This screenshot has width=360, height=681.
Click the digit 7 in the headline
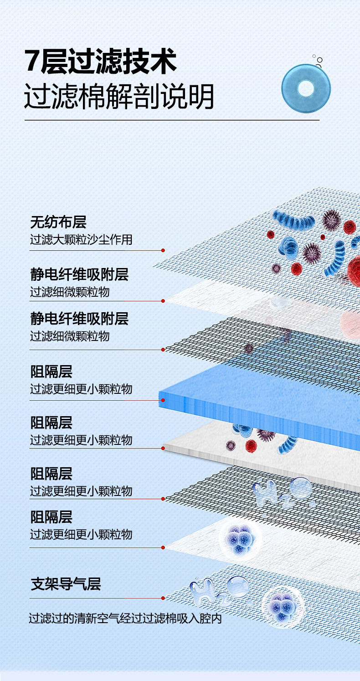[32, 63]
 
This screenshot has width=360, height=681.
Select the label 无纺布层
[58, 222]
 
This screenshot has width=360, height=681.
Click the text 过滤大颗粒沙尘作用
[81, 239]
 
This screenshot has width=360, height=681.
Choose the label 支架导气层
[66, 584]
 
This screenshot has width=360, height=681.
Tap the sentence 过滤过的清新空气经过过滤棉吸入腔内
[125, 619]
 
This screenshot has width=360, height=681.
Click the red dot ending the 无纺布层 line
[163, 250]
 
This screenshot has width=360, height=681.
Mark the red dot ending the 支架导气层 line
[163, 598]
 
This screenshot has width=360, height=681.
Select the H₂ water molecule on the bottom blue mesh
[203, 589]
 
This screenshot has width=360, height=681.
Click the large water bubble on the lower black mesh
[300, 487]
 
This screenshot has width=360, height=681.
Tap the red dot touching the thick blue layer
[163, 401]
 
